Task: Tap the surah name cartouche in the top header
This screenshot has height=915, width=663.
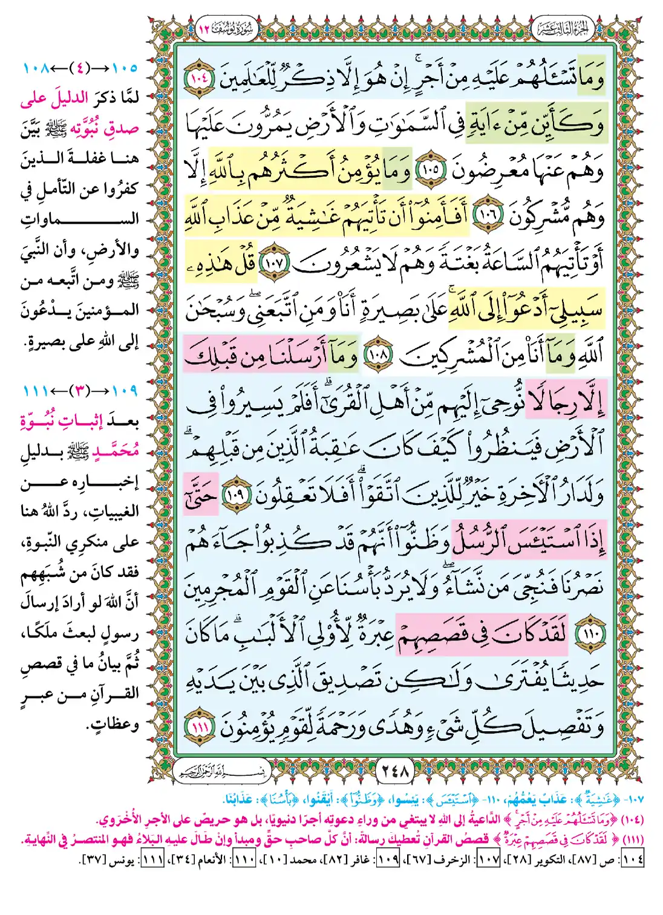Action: pyautogui.click(x=227, y=29)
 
